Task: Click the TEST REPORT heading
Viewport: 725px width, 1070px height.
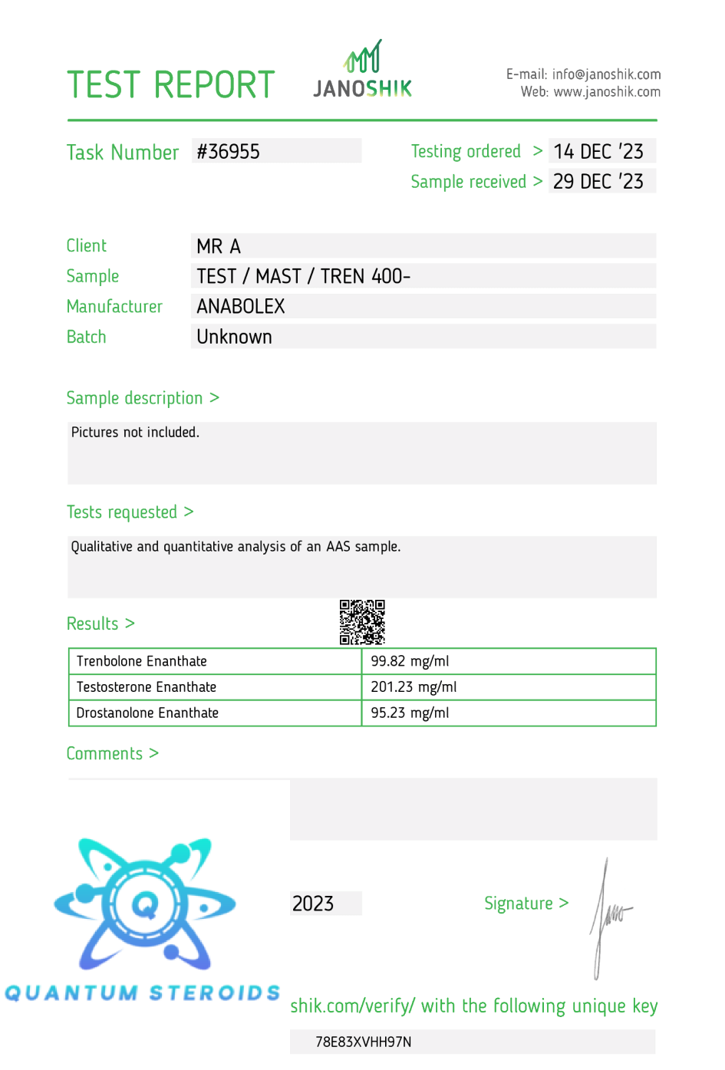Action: [x=170, y=84]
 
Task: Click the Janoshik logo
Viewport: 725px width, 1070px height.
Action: [x=362, y=71]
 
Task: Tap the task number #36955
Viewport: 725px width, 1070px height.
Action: [x=229, y=151]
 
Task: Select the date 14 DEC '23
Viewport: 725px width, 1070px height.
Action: [x=598, y=151]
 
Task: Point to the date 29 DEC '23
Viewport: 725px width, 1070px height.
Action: [x=598, y=182]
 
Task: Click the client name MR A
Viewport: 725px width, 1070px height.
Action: [x=219, y=246]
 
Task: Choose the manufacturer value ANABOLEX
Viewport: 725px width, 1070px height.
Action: [x=241, y=307]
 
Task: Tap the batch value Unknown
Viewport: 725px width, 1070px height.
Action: [x=234, y=337]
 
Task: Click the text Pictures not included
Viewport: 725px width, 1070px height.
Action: [x=135, y=433]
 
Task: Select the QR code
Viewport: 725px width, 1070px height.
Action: [x=362, y=622]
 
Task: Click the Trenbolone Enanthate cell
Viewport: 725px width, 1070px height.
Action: [x=142, y=661]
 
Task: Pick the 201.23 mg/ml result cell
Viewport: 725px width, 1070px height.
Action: [x=414, y=687]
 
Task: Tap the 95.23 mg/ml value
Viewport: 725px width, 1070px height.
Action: [x=410, y=713]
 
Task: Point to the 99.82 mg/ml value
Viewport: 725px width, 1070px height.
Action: [x=410, y=661]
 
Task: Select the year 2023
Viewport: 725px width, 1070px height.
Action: [x=313, y=904]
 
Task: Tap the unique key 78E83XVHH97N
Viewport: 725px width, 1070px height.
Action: [x=364, y=1042]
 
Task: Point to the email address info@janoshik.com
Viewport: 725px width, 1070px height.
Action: [x=606, y=74]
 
